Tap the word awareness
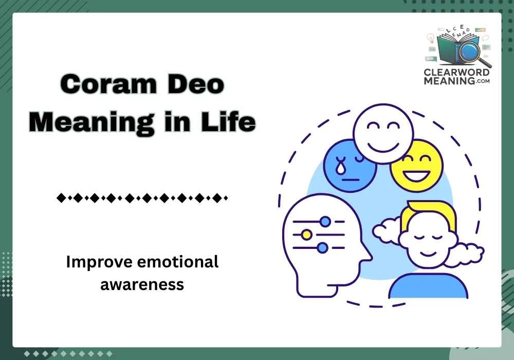(x=142, y=284)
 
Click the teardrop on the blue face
(x=339, y=166)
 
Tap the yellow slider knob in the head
(x=306, y=235)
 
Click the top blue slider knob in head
(x=324, y=222)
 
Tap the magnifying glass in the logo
(x=470, y=51)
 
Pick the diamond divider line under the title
(x=142, y=197)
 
